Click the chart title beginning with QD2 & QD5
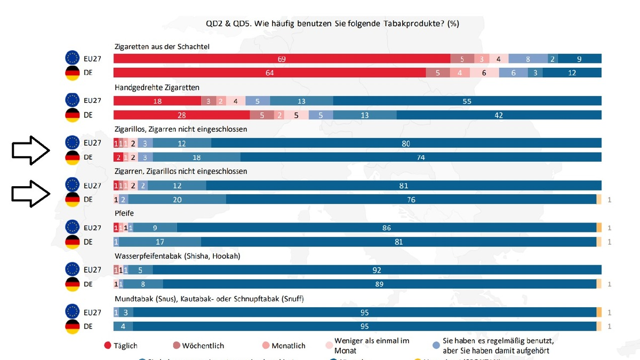coord(333,24)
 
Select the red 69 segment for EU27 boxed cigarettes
coord(282,59)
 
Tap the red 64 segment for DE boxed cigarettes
coord(269,73)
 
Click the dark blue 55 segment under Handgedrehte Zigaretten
coord(467,101)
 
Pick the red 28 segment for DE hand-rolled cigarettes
coord(182,115)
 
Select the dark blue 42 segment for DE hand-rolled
coord(499,115)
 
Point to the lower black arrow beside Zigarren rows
coord(31,193)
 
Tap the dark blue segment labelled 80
coord(406,143)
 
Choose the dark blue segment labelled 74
coord(421,157)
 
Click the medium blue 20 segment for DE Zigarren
coord(177,199)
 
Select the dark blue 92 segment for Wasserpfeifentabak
coord(377,270)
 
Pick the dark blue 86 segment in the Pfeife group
coord(386,228)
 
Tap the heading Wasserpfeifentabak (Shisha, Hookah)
coord(178,256)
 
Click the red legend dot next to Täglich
coord(107,346)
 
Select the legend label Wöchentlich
coord(204,346)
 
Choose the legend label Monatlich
coord(289,346)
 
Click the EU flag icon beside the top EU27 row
coord(73,59)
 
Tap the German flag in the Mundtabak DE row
coord(73,326)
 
